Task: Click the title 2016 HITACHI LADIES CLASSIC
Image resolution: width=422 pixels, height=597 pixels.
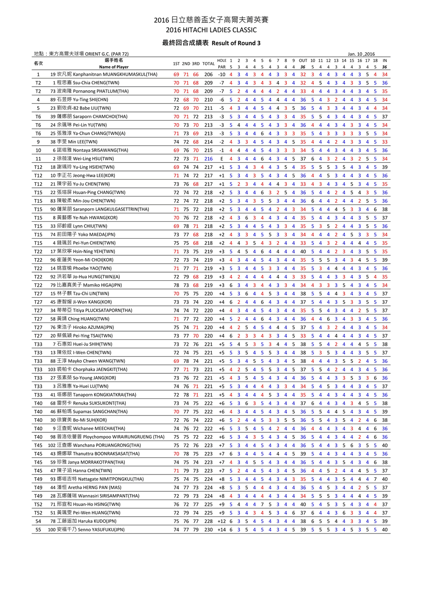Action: pos(211,30)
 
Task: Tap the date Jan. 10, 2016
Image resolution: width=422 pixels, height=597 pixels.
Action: pos(361,54)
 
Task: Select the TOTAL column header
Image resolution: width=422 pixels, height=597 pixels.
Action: pos(208,64)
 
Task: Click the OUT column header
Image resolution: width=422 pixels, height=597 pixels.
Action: pos(303,60)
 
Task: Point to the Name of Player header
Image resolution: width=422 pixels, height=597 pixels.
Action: pos(114,67)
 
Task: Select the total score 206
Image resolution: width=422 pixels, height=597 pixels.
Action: pos(208,74)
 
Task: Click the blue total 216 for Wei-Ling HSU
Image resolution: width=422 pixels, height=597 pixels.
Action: pos(208,159)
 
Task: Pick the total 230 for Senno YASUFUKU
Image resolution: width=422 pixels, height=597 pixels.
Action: pos(208,530)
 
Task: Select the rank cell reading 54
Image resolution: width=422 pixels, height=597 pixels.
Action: pos(38,521)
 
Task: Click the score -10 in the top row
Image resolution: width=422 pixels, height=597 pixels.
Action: pos(221,74)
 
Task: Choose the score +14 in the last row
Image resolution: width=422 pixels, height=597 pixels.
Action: pos(221,530)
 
